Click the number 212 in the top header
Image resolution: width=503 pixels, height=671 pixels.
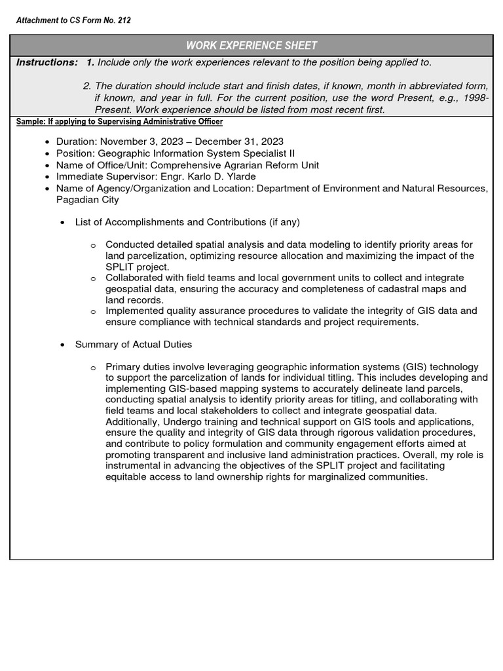point(123,20)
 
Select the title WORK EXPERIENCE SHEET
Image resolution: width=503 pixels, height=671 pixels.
point(251,45)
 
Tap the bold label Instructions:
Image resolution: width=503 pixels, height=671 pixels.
point(46,62)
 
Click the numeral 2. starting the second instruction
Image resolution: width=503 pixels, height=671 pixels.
point(87,86)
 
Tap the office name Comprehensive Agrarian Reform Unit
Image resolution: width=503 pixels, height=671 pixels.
point(234,165)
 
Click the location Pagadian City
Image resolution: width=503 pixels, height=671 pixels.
point(87,200)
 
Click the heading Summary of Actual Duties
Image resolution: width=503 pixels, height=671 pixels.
point(134,344)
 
